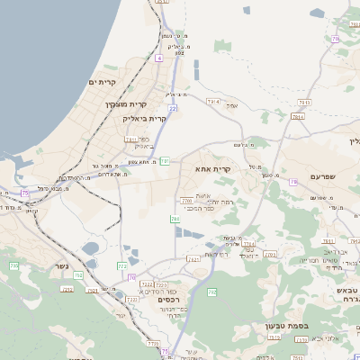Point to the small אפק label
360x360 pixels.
point(232,106)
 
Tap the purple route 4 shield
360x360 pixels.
point(158,58)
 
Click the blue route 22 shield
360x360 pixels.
point(171,107)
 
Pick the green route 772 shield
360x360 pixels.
point(121,266)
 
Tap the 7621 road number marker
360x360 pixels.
point(193,259)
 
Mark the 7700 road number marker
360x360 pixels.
point(186,201)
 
